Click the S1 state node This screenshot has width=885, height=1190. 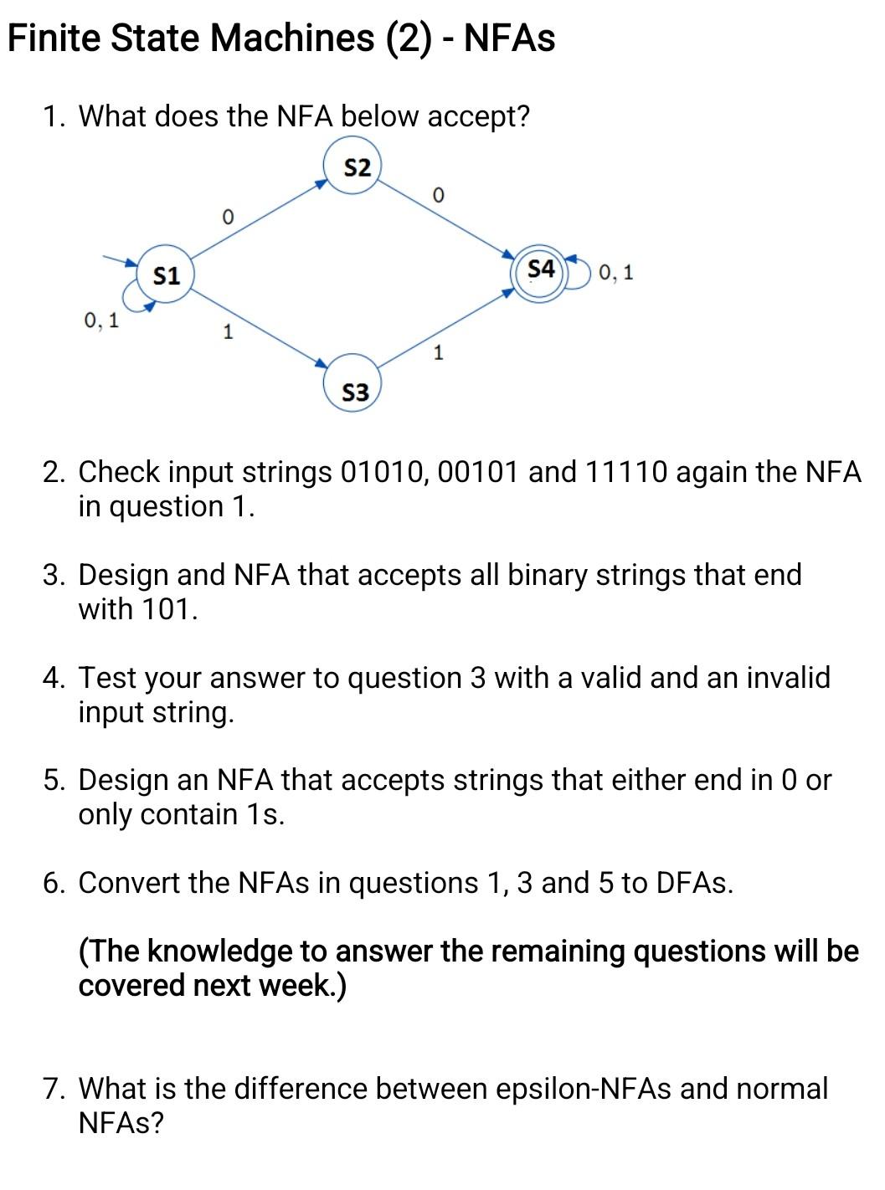pyautogui.click(x=166, y=274)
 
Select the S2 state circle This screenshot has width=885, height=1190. pyautogui.click(x=355, y=167)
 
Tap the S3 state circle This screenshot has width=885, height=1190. pyautogui.click(x=355, y=391)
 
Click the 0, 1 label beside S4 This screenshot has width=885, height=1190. pyautogui.click(x=616, y=272)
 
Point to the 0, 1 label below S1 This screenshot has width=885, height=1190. pyautogui.click(x=101, y=320)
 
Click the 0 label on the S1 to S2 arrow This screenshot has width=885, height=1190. pyautogui.click(x=226, y=217)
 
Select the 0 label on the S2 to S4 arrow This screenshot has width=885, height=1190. pyautogui.click(x=437, y=196)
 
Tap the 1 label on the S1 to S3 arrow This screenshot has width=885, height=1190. pyautogui.click(x=227, y=332)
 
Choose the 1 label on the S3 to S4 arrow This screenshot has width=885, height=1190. pyautogui.click(x=437, y=352)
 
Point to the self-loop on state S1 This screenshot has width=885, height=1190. pyautogui.click(x=134, y=297)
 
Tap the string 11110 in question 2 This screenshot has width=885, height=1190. pyautogui.click(x=626, y=473)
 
